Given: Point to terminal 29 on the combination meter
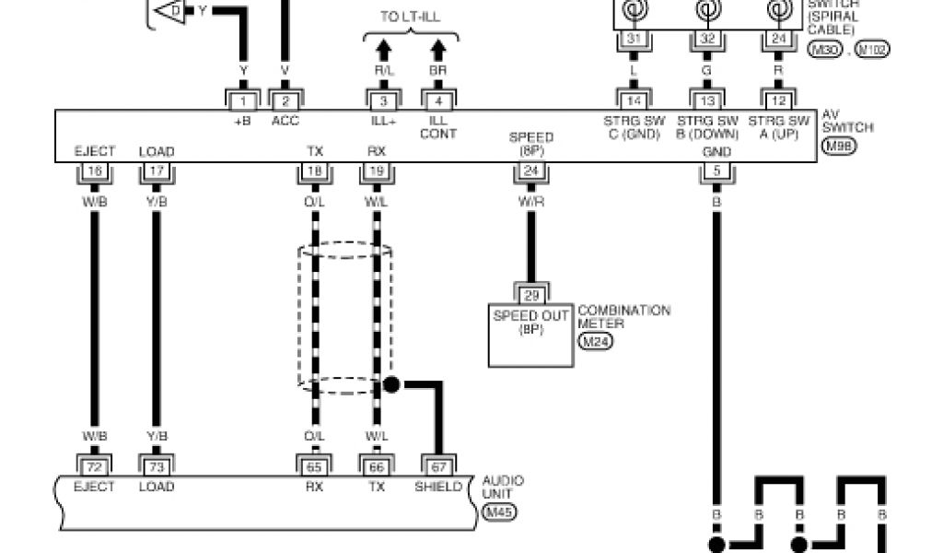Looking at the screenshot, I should click(530, 294).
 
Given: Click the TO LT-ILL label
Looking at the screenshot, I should click(410, 17).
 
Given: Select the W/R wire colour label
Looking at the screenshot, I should click(530, 202).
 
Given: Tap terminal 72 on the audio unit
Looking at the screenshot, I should click(93, 467).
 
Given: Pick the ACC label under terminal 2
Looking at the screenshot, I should click(285, 121).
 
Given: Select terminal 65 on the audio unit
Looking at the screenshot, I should click(314, 467).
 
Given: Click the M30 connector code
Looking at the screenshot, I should click(822, 50).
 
